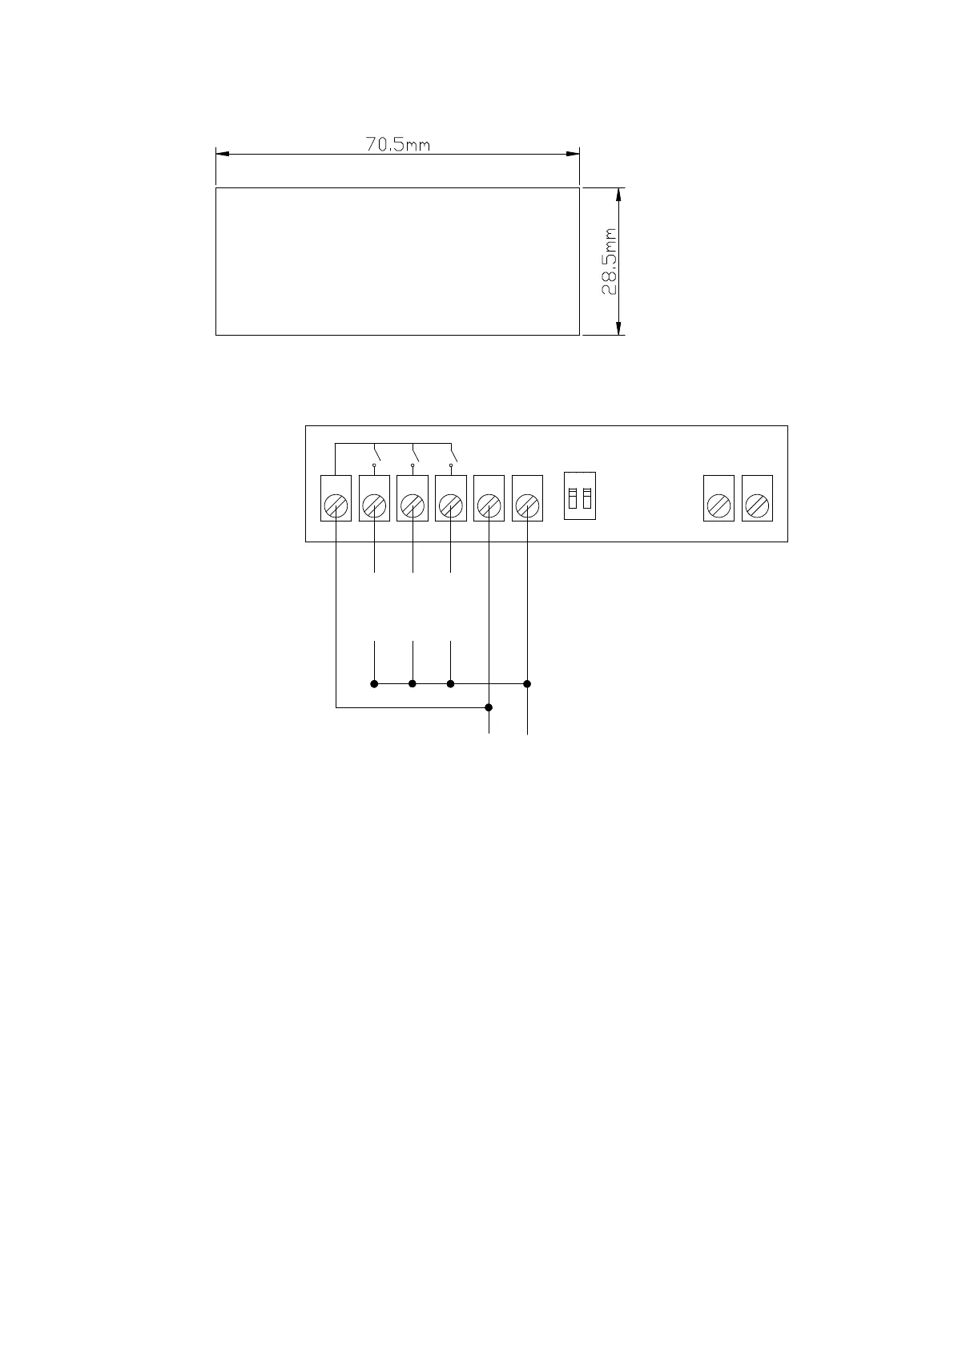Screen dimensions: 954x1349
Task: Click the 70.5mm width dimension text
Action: (x=398, y=145)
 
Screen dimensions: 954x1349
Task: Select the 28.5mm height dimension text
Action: (x=610, y=262)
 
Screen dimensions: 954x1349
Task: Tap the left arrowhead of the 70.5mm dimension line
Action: (x=223, y=154)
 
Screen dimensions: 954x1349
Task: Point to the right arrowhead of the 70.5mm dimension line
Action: (x=572, y=154)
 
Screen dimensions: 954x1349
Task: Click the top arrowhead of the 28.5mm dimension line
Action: (x=618, y=195)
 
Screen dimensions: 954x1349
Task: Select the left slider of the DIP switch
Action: (x=573, y=497)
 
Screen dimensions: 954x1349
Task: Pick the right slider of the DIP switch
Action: (x=587, y=497)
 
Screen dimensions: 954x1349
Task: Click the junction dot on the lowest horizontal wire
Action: (x=489, y=707)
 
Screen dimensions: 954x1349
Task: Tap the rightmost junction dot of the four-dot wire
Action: (x=527, y=683)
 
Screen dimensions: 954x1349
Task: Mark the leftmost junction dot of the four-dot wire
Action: (x=374, y=683)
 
